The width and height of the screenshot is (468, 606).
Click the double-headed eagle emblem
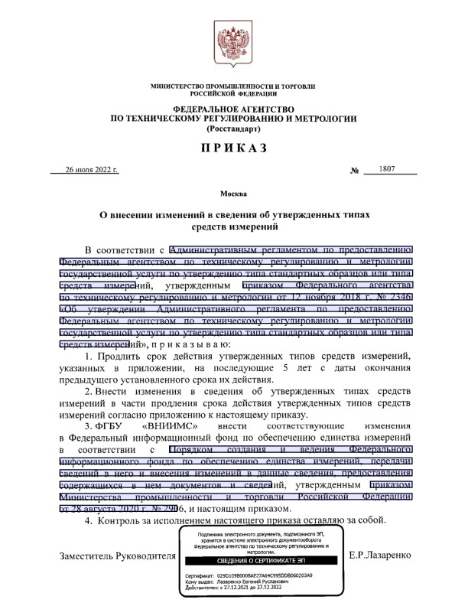233,45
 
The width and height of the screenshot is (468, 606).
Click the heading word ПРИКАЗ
233,146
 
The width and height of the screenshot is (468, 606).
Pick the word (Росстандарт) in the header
233,129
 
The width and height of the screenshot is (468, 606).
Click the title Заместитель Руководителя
118,553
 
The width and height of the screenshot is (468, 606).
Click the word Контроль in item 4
124,521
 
